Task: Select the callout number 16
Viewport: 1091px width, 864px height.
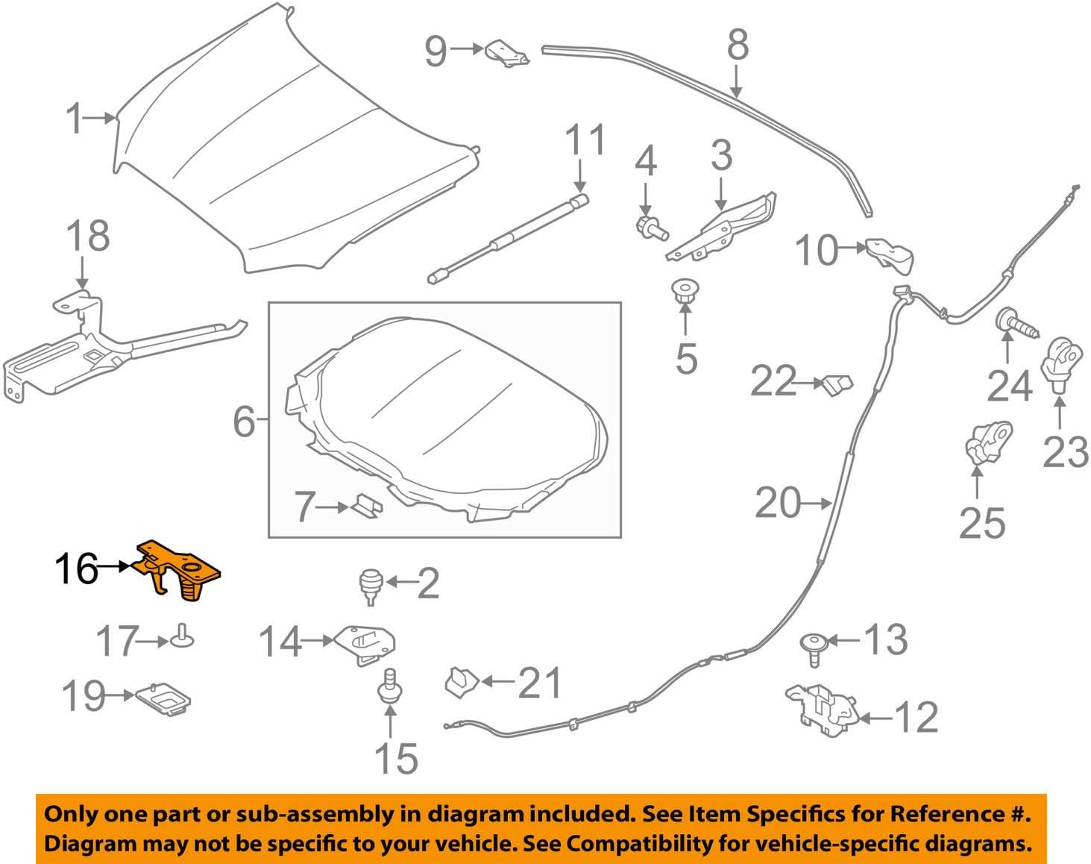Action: pos(76,570)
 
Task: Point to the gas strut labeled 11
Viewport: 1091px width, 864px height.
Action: pos(507,239)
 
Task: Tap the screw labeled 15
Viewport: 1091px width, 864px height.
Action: pos(389,686)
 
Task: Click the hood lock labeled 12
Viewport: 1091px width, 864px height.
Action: pos(821,710)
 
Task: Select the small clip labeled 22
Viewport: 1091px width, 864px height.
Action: pos(837,385)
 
